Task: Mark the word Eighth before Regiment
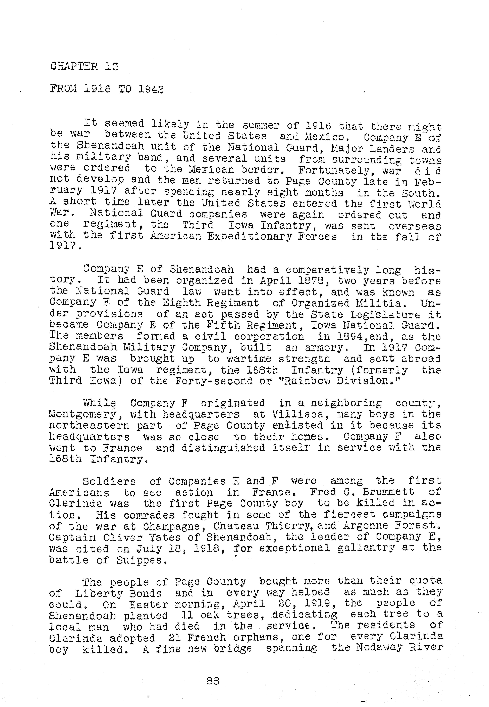[181, 303]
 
